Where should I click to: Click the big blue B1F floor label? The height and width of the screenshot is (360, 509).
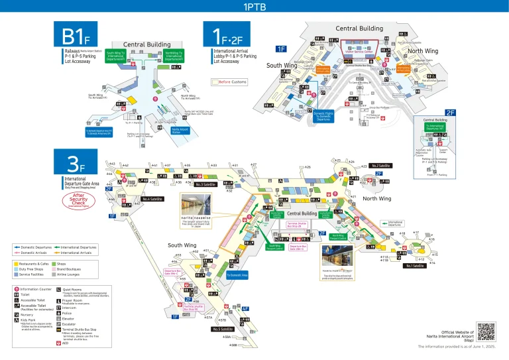coord(80,34)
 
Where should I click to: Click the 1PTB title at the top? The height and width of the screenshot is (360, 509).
coord(254,8)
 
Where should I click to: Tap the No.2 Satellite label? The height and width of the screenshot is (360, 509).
coord(380,166)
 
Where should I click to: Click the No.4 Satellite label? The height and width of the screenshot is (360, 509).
coord(152,199)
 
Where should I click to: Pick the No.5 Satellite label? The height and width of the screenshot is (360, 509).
coord(223,329)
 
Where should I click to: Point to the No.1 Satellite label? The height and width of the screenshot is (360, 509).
coord(416,266)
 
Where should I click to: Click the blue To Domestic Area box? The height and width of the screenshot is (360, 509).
coord(237,274)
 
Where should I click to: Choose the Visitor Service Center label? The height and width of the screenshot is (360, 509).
coord(359,52)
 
